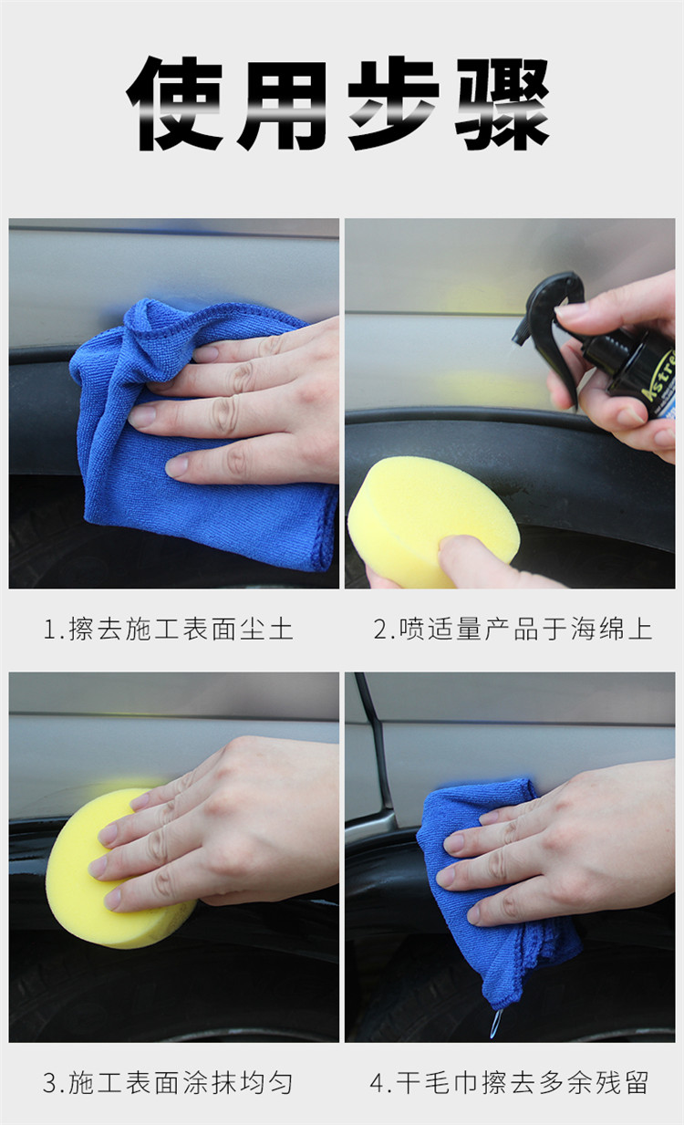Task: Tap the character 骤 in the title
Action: (x=503, y=104)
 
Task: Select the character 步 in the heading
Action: (x=393, y=103)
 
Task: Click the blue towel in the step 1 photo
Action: (x=201, y=437)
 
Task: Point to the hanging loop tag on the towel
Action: (x=496, y=1025)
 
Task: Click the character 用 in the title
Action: (x=285, y=104)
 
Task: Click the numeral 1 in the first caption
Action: (x=50, y=630)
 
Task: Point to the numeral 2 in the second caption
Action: (x=381, y=630)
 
